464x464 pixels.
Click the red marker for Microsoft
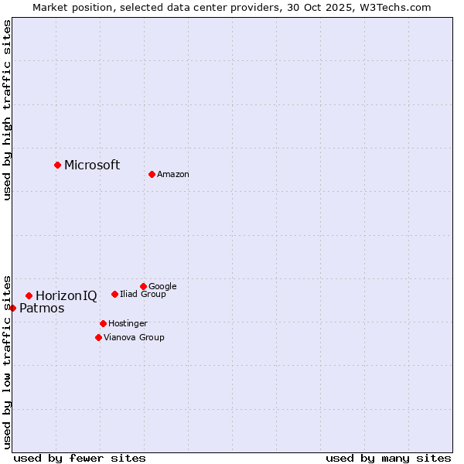tap(57, 165)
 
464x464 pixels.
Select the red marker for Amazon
tap(152, 174)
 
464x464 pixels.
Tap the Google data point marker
tap(143, 286)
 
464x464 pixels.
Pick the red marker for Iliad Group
tap(114, 294)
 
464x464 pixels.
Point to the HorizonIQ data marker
tap(29, 295)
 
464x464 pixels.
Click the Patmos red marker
tap(12, 308)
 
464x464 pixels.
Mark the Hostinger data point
tap(103, 323)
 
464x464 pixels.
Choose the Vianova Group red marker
tap(98, 337)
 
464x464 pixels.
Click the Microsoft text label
tap(92, 165)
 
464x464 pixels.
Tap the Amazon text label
tap(173, 175)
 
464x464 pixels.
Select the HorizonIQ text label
tap(67, 295)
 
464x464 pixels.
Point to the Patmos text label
tap(42, 309)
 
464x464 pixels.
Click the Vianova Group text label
tap(134, 337)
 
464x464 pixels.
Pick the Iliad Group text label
tap(143, 295)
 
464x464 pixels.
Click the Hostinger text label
tap(128, 323)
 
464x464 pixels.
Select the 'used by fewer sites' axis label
tap(80, 458)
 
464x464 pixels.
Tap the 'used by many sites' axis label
tap(388, 458)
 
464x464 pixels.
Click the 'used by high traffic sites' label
tap(8, 110)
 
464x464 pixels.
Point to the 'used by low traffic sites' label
tap(8, 360)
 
